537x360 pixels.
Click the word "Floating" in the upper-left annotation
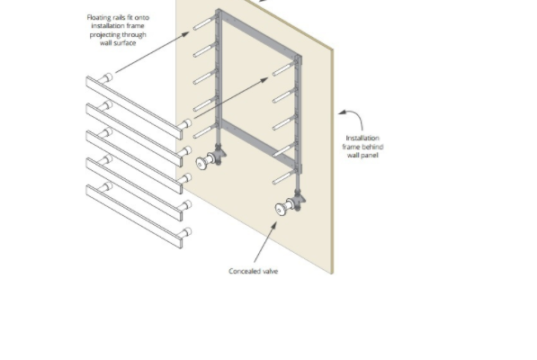click(x=99, y=17)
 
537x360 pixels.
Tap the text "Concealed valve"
click(x=253, y=271)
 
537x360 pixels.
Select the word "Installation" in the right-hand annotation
click(x=362, y=138)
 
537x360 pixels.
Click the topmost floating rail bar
click(x=134, y=108)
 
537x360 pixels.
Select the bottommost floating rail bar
click(x=134, y=216)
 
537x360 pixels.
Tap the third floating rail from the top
click(x=134, y=162)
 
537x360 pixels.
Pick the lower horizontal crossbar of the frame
click(x=257, y=142)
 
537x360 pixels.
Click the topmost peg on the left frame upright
click(x=204, y=23)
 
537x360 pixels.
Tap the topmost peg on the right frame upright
click(x=283, y=69)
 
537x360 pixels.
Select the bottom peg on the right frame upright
click(x=283, y=178)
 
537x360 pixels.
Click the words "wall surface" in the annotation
click(x=118, y=43)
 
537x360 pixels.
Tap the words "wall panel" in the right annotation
click(x=362, y=155)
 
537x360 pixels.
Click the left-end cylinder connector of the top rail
click(x=106, y=78)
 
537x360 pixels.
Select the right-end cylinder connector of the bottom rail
click(x=185, y=233)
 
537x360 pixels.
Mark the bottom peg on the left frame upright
click(x=204, y=132)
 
